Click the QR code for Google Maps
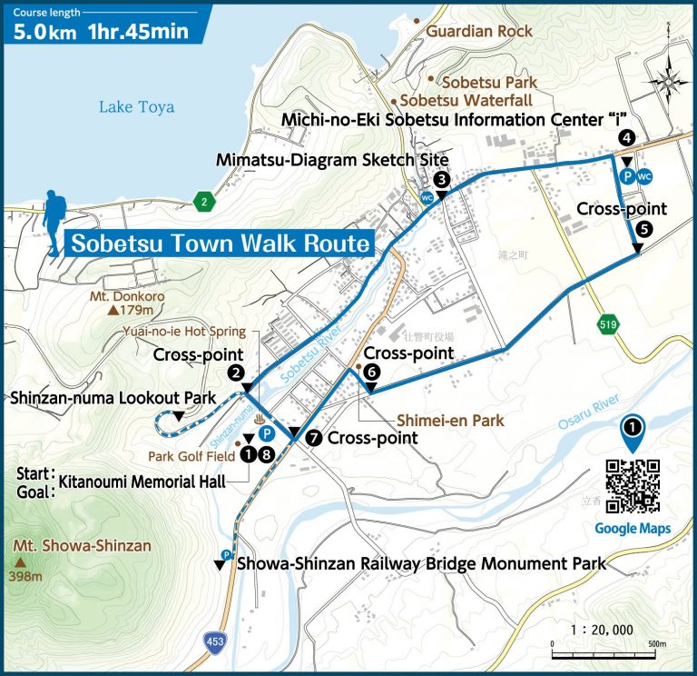[x=632, y=487]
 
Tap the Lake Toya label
[x=136, y=107]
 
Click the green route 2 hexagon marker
[x=206, y=202]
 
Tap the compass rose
[x=669, y=82]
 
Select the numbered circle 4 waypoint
[x=626, y=138]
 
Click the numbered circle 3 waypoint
[x=441, y=179]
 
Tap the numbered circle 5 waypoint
[x=643, y=229]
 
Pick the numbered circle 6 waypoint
[x=370, y=370]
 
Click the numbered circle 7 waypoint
[x=314, y=437]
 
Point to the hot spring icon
[x=263, y=422]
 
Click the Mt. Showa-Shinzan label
[x=82, y=546]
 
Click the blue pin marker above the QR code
[x=633, y=432]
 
